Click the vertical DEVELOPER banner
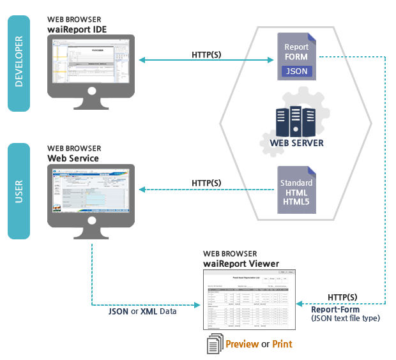(19, 64)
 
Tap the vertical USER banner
(19, 191)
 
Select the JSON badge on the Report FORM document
(296, 71)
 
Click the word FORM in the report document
(296, 57)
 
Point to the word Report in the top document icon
(296, 47)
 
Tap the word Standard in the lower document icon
(296, 183)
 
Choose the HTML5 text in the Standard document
(296, 202)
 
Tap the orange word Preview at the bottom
(241, 345)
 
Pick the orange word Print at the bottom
(282, 345)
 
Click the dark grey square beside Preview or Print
(215, 343)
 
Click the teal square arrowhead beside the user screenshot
(142, 190)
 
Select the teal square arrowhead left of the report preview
(197, 304)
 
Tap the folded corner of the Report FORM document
(312, 37)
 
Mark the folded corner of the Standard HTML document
(312, 170)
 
